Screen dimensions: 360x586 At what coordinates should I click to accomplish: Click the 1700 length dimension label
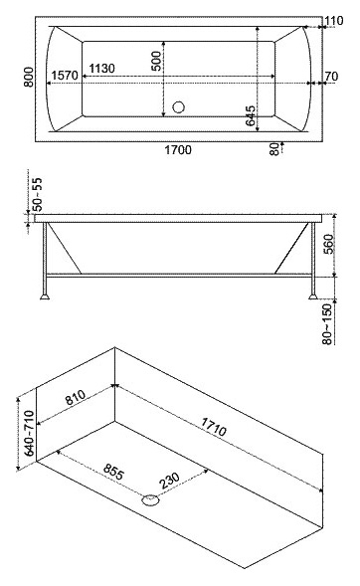pos(178,150)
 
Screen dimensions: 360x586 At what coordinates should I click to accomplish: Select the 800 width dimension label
pos(29,77)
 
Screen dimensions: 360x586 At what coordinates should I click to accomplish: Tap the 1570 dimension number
pos(65,76)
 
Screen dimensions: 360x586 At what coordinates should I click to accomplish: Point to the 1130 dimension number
pos(102,69)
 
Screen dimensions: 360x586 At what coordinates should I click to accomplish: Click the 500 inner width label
pos(157,61)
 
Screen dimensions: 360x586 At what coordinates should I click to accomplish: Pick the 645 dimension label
pos(251,115)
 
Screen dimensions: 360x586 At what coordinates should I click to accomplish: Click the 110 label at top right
pos(333,21)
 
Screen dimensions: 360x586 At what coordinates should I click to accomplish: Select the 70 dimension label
pos(331,77)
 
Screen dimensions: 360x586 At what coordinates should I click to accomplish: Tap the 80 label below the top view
pos(274,149)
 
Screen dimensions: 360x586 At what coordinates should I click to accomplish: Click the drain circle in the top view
pos(179,107)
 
